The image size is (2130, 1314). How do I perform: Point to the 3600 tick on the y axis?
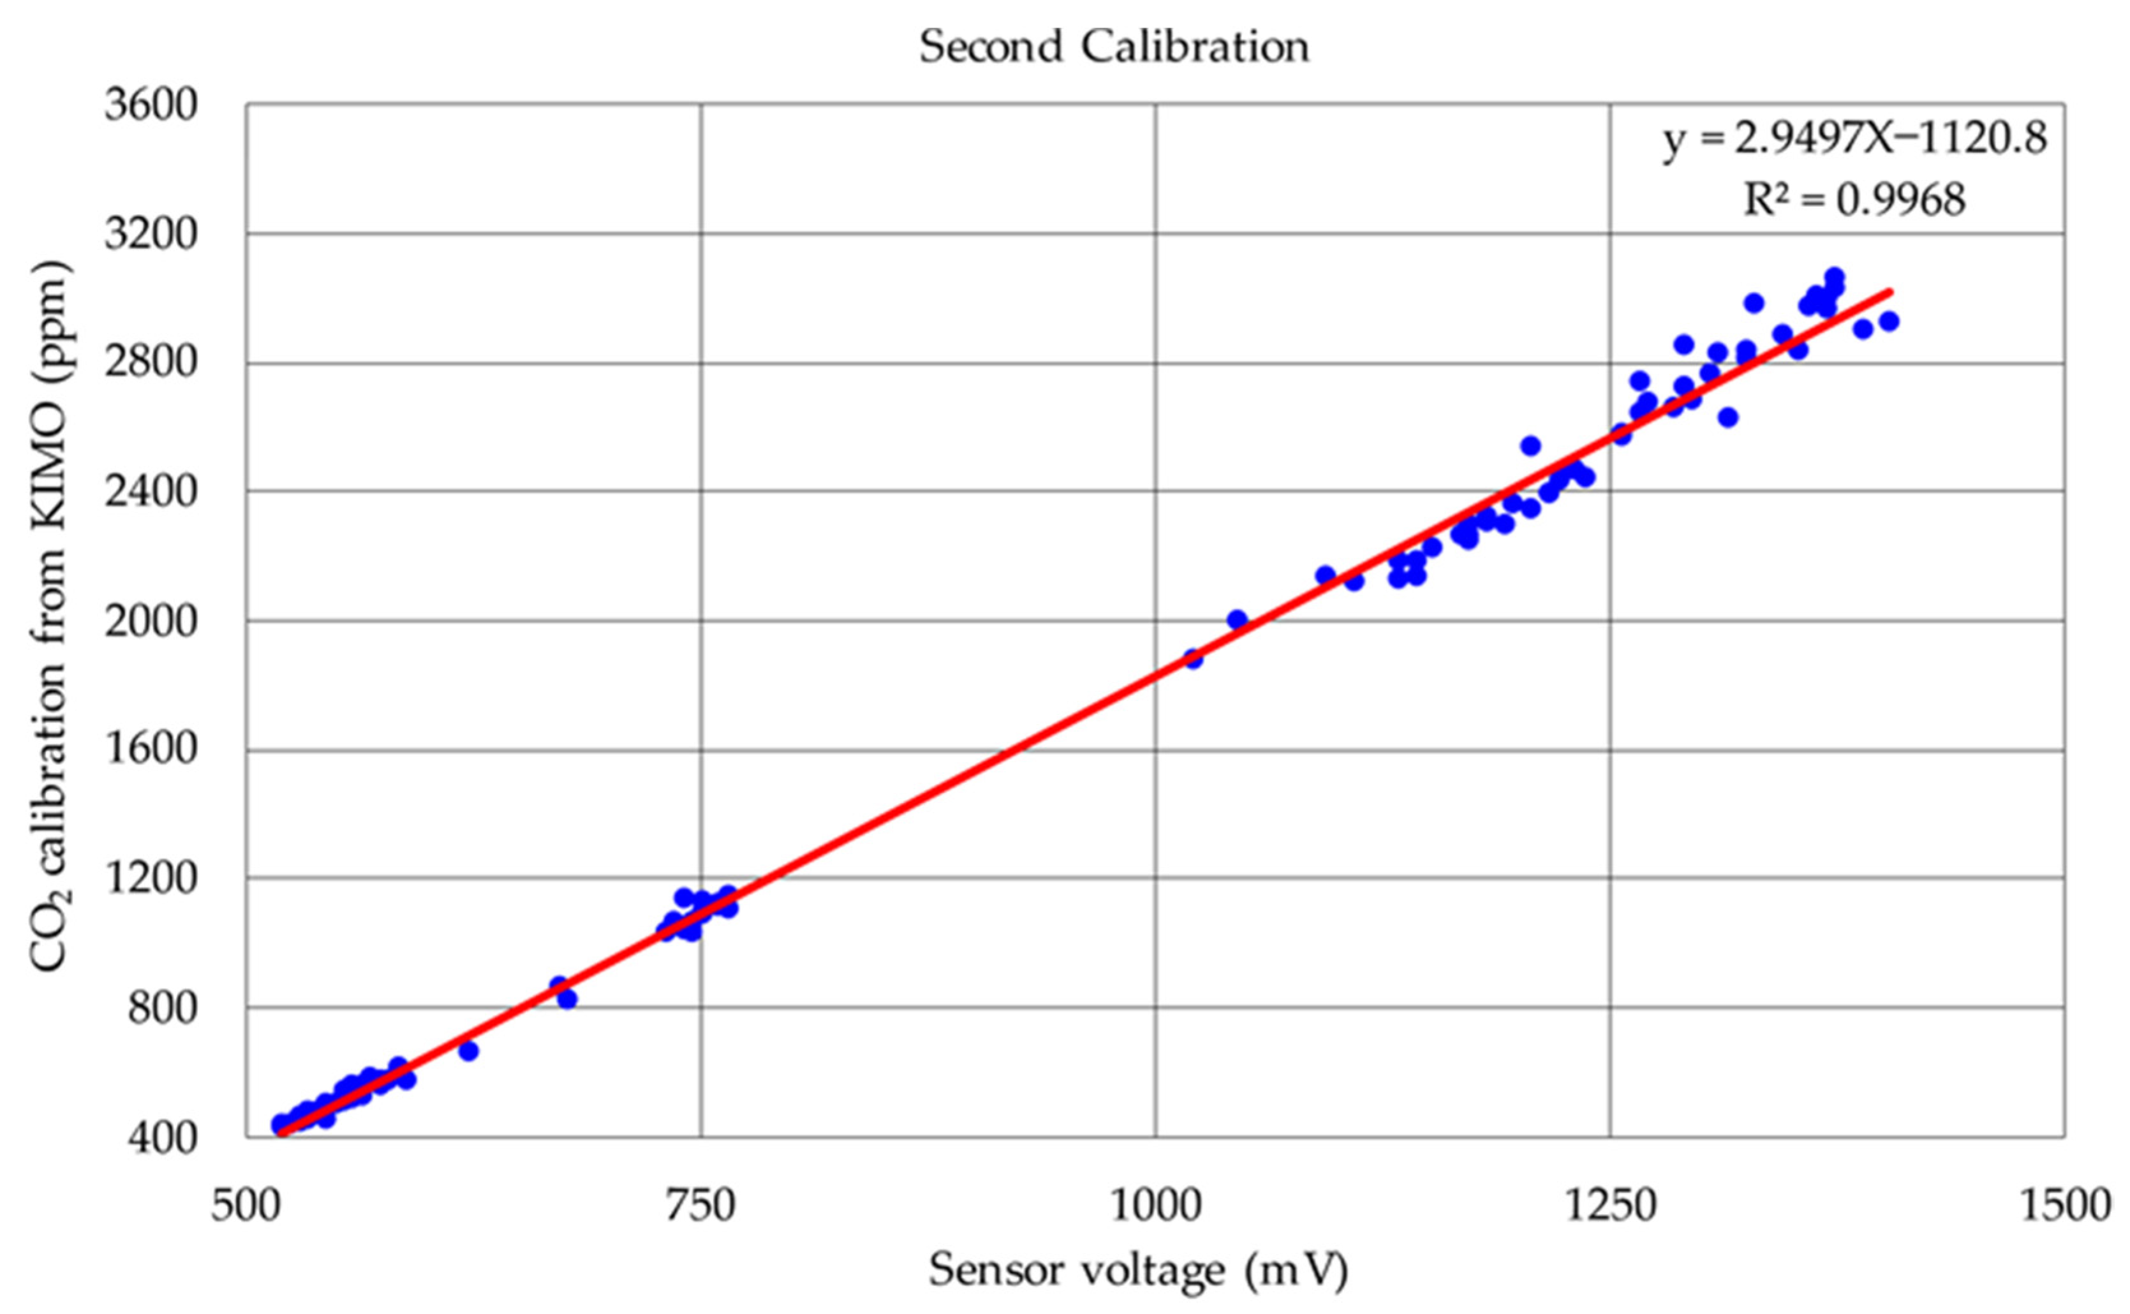pos(151,106)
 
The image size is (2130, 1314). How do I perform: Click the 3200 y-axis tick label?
pos(151,235)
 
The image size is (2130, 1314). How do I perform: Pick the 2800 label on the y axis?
pos(151,364)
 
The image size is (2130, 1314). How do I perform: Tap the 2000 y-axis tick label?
pos(151,623)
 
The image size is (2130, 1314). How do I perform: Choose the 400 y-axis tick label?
pos(163,1137)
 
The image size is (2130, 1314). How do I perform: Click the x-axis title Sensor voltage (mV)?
pos(1139,1271)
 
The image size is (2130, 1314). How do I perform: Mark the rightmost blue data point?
pos(1888,321)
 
